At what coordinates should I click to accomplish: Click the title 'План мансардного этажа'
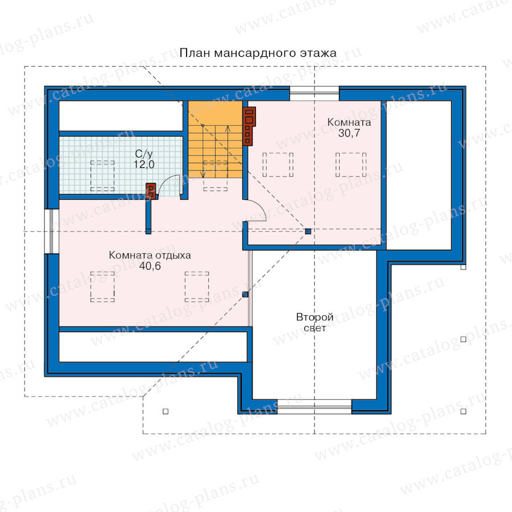[x=258, y=53]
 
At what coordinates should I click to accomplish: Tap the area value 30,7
[x=349, y=133]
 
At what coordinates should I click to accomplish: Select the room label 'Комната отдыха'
[x=150, y=255]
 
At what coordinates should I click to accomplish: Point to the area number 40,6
[x=150, y=266]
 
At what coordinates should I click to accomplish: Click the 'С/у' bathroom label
[x=144, y=154]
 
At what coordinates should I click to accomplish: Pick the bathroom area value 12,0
[x=144, y=164]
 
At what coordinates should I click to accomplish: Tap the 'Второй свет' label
[x=315, y=323]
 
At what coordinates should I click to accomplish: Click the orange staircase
[x=215, y=139]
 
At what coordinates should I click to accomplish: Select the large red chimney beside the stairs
[x=249, y=126]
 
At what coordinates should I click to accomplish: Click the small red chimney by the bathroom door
[x=151, y=191]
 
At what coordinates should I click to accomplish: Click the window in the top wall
[x=315, y=93]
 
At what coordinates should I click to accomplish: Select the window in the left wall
[x=52, y=231]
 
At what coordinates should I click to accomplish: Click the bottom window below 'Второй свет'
[x=315, y=407]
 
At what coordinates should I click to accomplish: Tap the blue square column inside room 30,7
[x=308, y=232]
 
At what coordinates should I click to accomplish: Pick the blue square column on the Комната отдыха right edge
[x=245, y=295]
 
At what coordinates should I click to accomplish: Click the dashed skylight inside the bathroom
[x=102, y=176]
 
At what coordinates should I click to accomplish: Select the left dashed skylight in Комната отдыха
[x=102, y=287]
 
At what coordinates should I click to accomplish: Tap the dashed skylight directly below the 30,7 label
[x=351, y=165]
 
